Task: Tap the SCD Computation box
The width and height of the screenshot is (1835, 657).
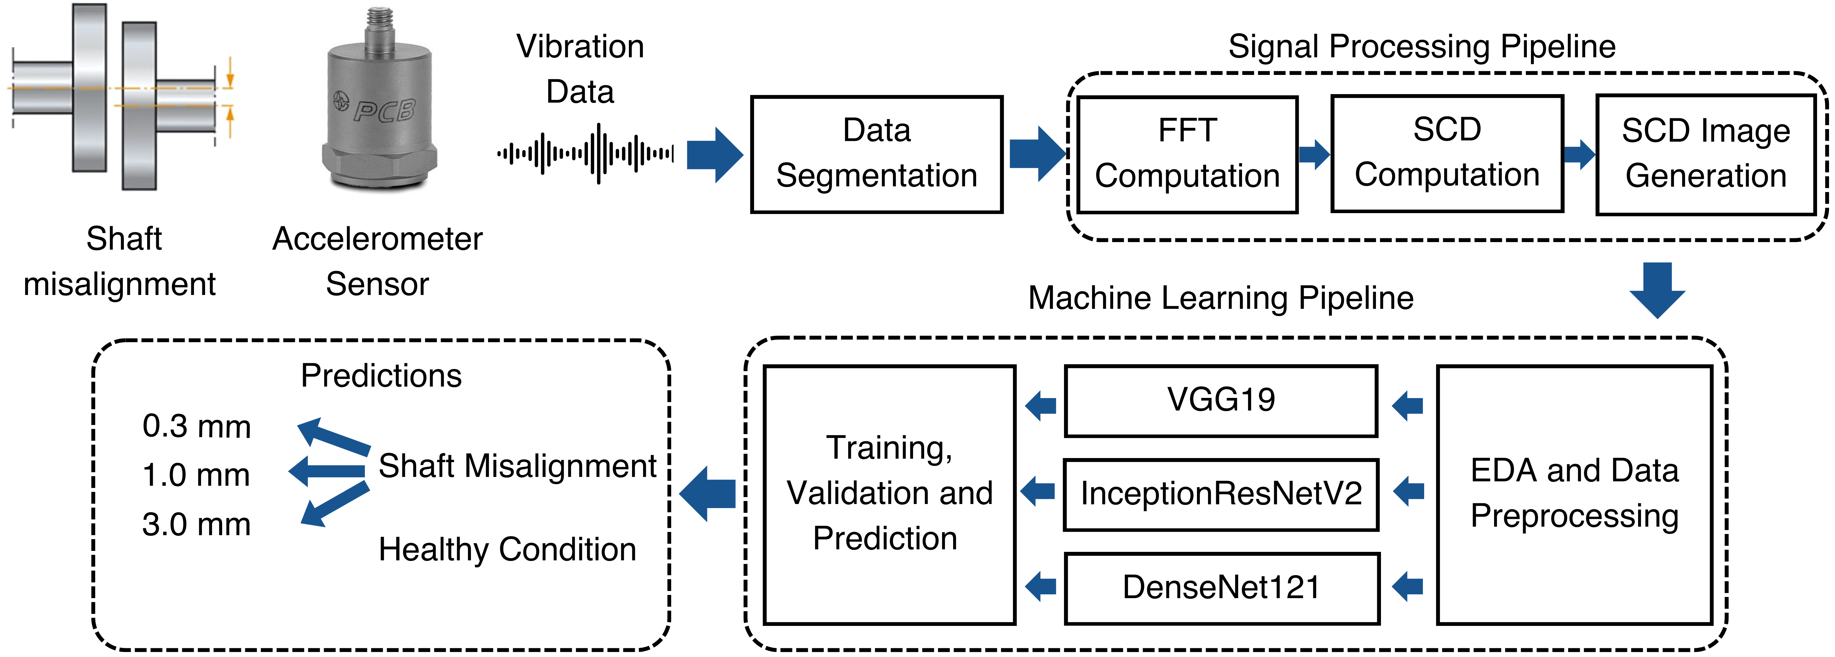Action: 1447,154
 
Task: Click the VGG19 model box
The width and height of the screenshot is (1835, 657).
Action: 1221,401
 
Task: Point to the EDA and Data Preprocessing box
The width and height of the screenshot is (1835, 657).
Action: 1574,495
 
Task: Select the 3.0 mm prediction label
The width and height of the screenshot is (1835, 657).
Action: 197,524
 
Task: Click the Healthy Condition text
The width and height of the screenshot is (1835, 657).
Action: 507,550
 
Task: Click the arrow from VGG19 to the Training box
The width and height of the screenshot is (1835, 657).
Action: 1041,406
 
